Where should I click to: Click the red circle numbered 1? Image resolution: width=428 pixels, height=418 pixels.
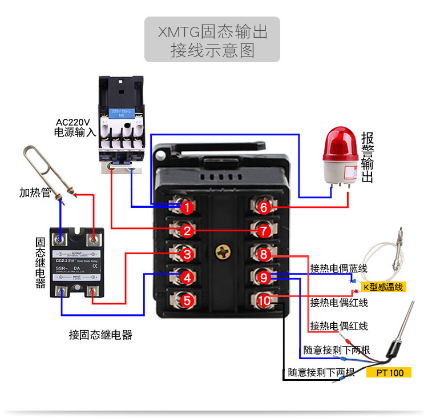click(x=187, y=208)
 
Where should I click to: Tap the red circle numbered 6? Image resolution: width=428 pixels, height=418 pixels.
click(x=263, y=208)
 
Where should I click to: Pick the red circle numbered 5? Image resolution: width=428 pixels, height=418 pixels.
click(x=187, y=300)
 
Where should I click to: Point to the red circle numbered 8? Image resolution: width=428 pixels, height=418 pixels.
click(x=263, y=254)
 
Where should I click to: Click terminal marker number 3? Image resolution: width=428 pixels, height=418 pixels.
click(x=187, y=254)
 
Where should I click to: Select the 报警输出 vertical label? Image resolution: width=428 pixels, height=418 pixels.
click(x=368, y=157)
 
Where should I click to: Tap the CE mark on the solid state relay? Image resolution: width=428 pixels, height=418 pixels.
click(x=94, y=264)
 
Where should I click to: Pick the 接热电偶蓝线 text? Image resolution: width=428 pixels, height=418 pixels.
click(x=339, y=268)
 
